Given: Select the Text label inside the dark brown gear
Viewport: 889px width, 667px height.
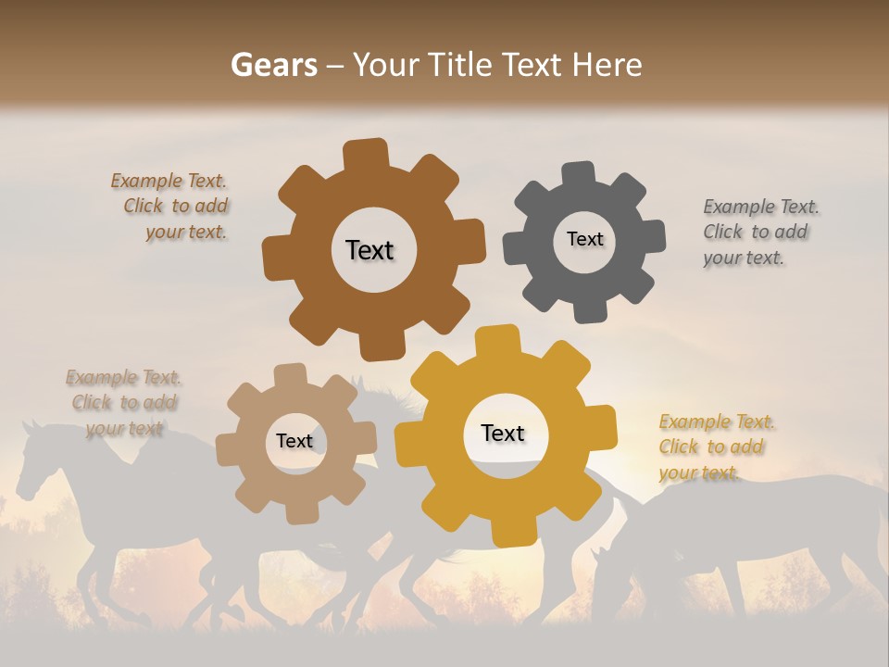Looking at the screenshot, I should pos(369,250).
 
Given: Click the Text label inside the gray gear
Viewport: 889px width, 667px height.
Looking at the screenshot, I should pos(584,239).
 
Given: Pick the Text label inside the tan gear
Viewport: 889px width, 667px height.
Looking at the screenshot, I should pos(294,442).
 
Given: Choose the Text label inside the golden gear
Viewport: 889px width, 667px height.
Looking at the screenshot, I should pos(503,434).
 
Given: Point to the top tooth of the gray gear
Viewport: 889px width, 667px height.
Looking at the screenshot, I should pos(580,173).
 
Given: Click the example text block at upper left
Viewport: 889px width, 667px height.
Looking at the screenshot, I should pos(172,207).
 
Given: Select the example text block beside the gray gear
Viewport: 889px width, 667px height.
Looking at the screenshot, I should pos(759,232).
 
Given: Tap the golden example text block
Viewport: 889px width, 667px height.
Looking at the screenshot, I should pos(715,447).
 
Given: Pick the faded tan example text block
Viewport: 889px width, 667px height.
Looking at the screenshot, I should pos(123,402).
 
